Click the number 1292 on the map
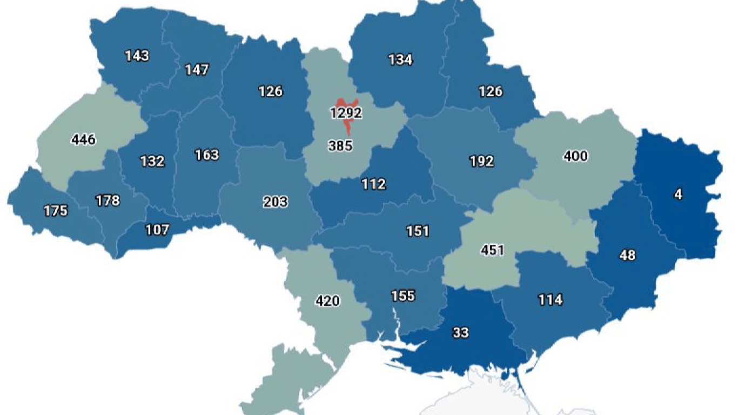(x=346, y=113)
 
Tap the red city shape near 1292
(x=341, y=103)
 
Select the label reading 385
(x=340, y=145)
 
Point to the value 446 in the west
(x=83, y=140)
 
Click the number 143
(x=137, y=56)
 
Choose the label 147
(x=197, y=70)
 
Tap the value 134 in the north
(x=400, y=59)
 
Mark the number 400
(x=575, y=157)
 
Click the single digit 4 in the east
(x=678, y=195)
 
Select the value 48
(x=627, y=255)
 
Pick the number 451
(x=492, y=250)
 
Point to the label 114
(x=550, y=299)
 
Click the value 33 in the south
(x=461, y=333)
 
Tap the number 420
(x=327, y=300)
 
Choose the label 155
(x=403, y=296)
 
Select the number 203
(x=276, y=202)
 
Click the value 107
(x=158, y=229)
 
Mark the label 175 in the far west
(x=56, y=211)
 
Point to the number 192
(x=481, y=161)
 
